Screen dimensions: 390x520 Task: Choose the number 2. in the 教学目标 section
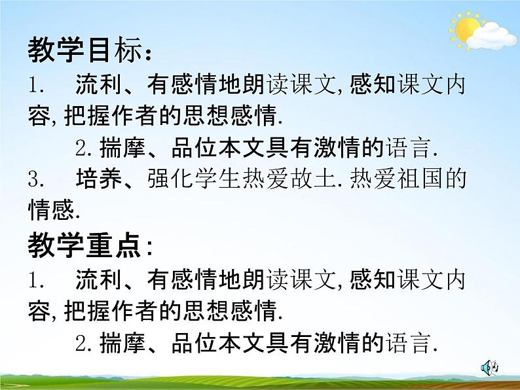click(83, 149)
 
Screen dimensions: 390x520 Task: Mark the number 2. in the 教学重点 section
click(83, 343)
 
